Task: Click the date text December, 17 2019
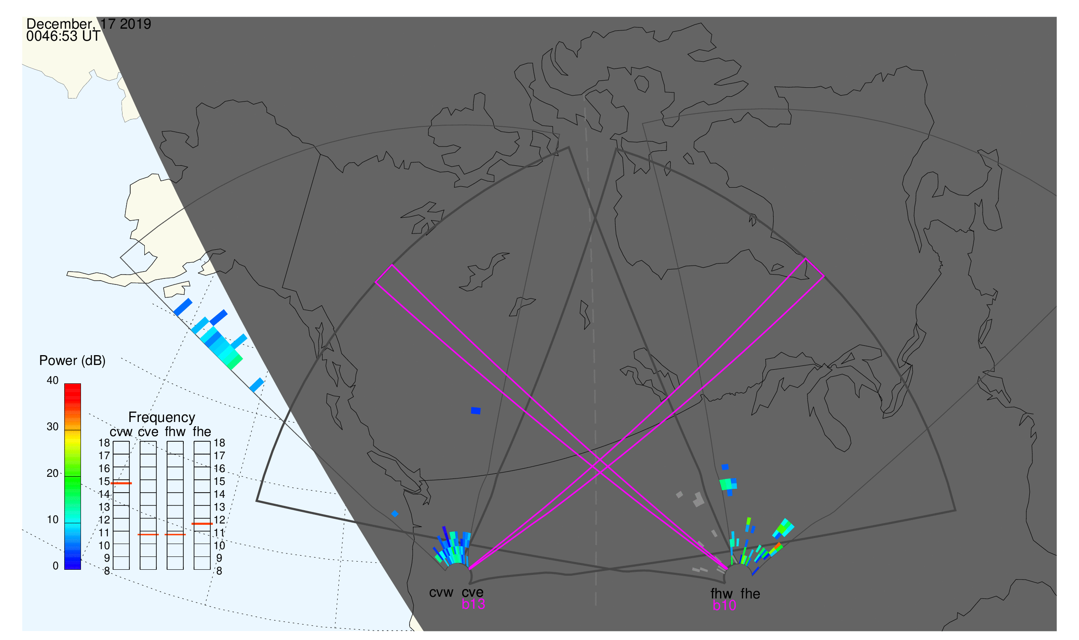coord(89,24)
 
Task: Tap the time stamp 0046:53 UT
coord(63,36)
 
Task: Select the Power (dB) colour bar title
coord(72,361)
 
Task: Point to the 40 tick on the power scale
coord(53,380)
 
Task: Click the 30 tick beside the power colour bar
coord(53,427)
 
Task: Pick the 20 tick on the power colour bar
coord(53,473)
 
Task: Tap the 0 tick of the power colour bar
coord(55,566)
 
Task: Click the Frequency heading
coord(162,418)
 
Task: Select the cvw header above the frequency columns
coord(121,432)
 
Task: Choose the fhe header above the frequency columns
coord(202,432)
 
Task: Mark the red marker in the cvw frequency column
coord(121,484)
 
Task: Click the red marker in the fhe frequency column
coord(202,524)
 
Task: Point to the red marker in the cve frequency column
coord(148,535)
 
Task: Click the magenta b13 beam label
coord(473,604)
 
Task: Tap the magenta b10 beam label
coord(724,606)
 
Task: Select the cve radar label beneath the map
coord(472,592)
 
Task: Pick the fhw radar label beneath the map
coord(721,594)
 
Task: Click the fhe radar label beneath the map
coord(750,594)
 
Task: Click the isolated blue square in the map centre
coord(475,410)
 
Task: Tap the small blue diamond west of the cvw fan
coord(395,514)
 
